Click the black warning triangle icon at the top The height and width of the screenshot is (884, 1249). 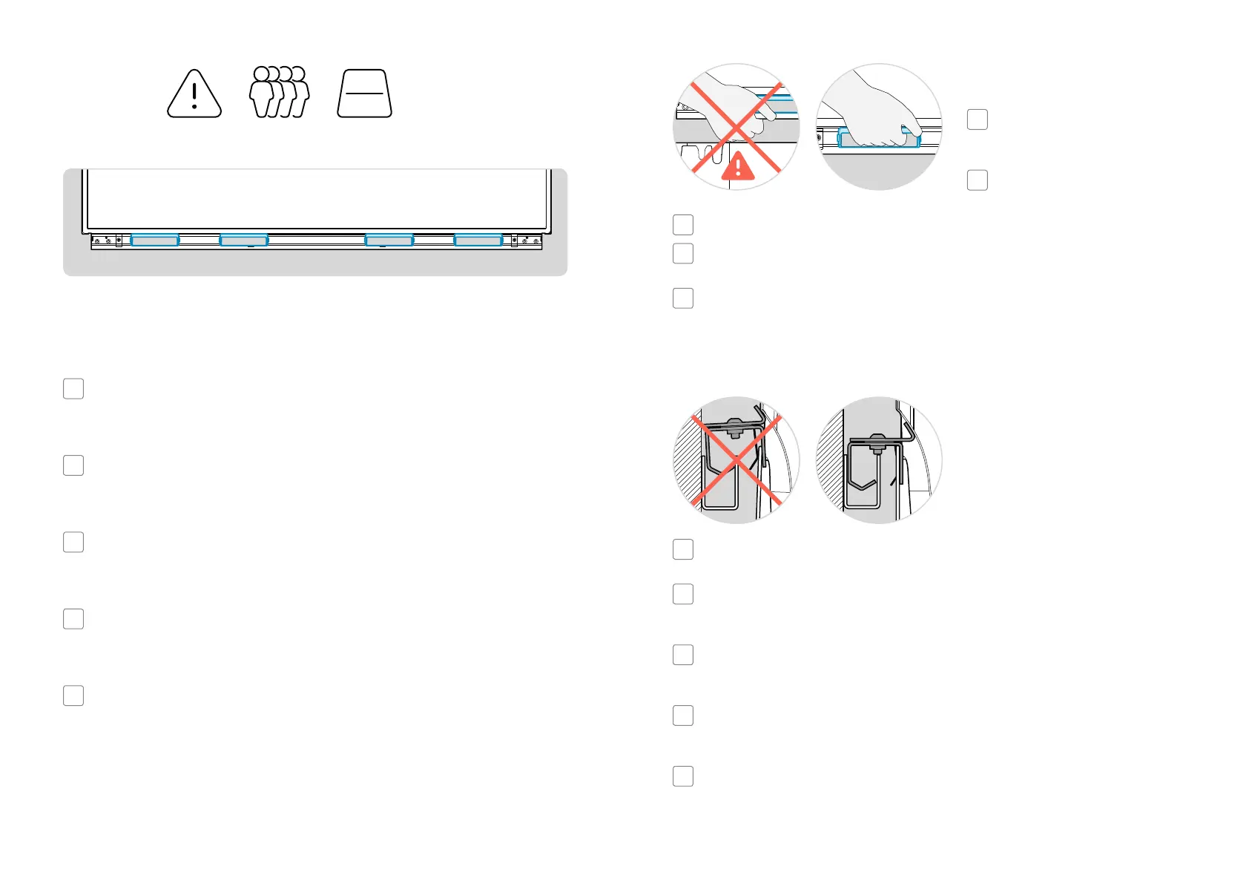click(194, 94)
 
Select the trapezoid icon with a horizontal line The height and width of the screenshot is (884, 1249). click(365, 94)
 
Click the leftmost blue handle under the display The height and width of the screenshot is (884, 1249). click(155, 240)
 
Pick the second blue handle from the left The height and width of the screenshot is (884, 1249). click(244, 240)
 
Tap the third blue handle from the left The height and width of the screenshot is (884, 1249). click(389, 240)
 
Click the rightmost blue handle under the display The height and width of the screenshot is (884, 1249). click(478, 240)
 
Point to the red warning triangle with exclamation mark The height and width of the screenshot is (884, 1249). click(738, 167)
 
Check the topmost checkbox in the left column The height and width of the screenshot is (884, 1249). click(73, 389)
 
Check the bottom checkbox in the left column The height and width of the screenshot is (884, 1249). click(73, 695)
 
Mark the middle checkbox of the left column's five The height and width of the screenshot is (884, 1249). click(73, 542)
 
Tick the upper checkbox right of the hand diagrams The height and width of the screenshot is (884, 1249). click(978, 119)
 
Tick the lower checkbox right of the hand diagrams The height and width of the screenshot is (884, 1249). click(978, 180)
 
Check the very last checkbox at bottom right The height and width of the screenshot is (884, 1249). click(683, 776)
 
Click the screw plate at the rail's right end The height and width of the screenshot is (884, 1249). click(527, 240)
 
